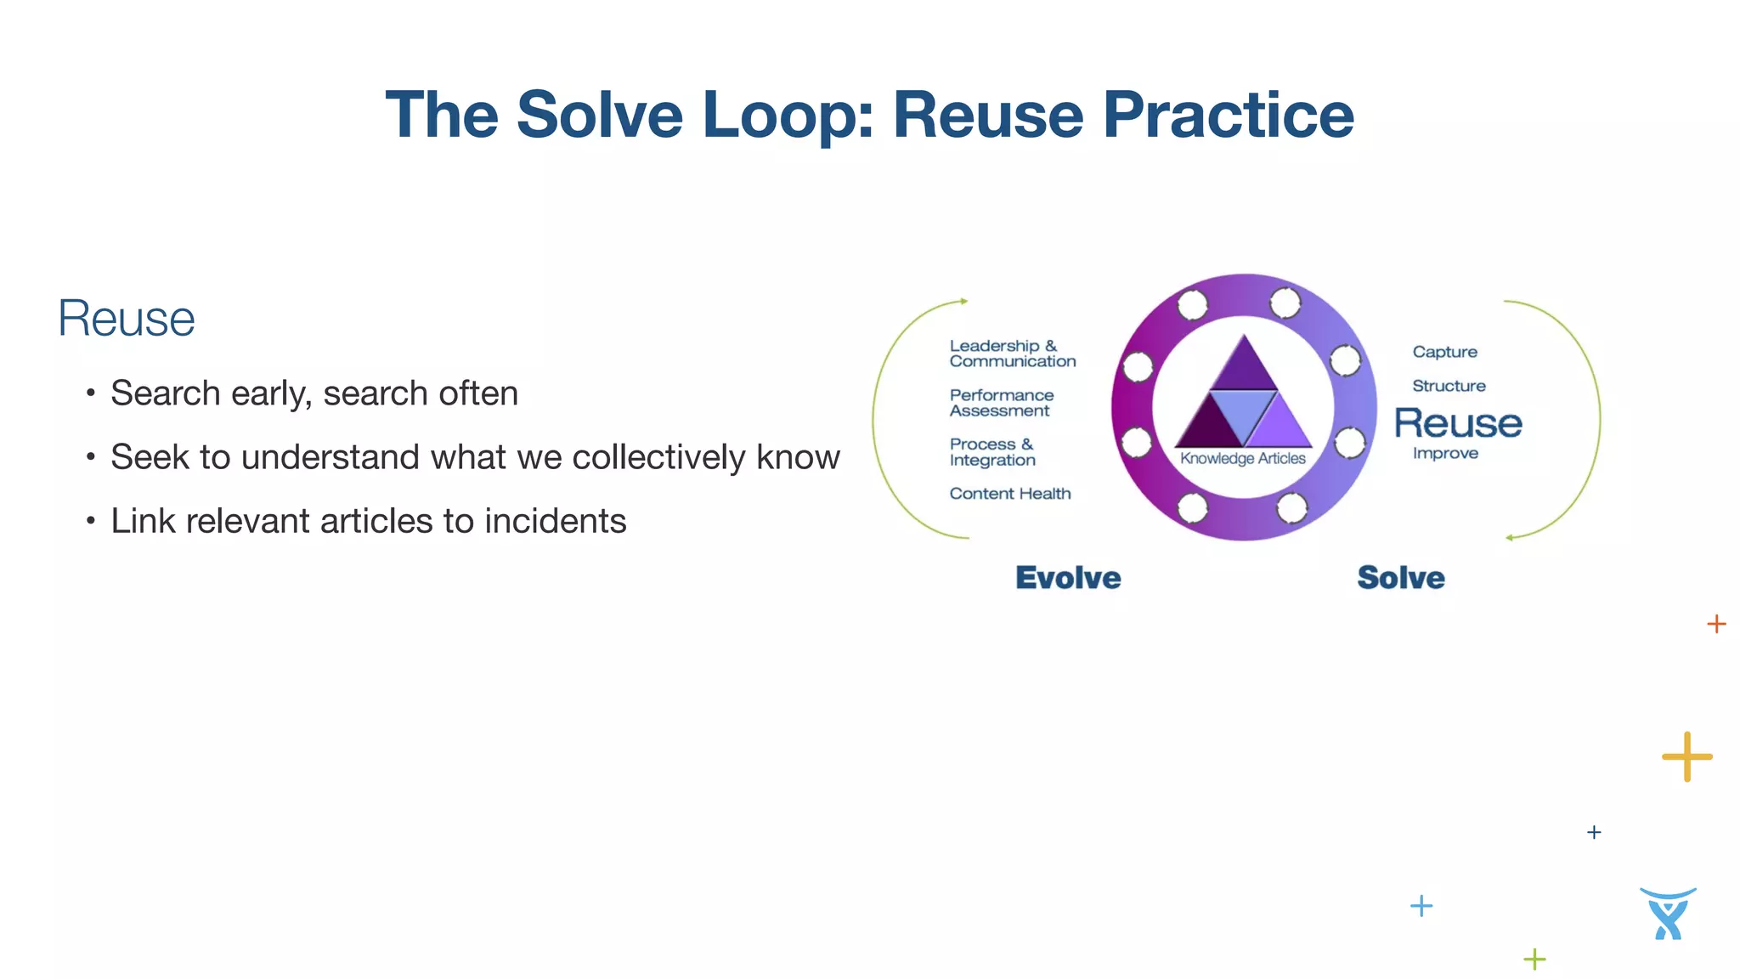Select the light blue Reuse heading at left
pyautogui.click(x=127, y=319)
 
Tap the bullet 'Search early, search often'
pyautogui.click(x=314, y=393)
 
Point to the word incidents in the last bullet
pyautogui.click(x=555, y=521)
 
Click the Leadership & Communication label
pyautogui.click(x=1012, y=354)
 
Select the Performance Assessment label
pyautogui.click(x=1001, y=403)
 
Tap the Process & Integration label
pyautogui.click(x=991, y=452)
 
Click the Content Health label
pyautogui.click(x=1009, y=494)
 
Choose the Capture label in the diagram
pyautogui.click(x=1444, y=352)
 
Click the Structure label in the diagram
pyautogui.click(x=1449, y=386)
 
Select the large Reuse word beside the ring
pyautogui.click(x=1458, y=423)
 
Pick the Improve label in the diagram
pyautogui.click(x=1445, y=454)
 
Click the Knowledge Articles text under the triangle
pyautogui.click(x=1242, y=459)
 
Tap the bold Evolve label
pyautogui.click(x=1068, y=578)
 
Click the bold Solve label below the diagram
pyautogui.click(x=1400, y=578)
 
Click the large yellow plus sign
pyautogui.click(x=1686, y=756)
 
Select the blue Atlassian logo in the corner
pyautogui.click(x=1668, y=914)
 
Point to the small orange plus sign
pyautogui.click(x=1716, y=624)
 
